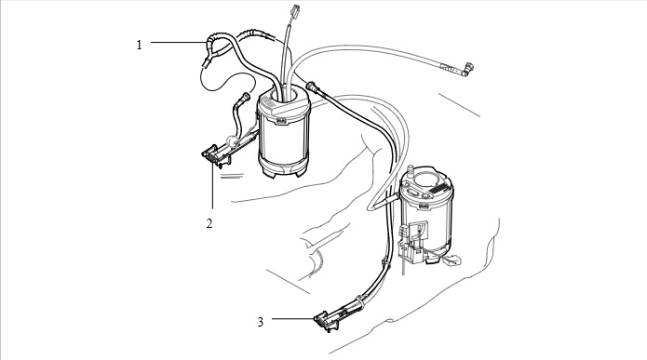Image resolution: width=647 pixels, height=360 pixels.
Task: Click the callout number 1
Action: [x=139, y=45]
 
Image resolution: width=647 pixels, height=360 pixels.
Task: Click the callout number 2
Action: [x=209, y=223]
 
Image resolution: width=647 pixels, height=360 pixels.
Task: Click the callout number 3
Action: [x=261, y=322]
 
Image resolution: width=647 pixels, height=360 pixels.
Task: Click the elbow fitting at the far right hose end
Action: [x=469, y=69]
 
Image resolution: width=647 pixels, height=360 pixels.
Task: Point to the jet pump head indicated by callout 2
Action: [x=214, y=155]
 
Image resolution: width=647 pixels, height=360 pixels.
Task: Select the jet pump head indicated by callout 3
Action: [x=327, y=322]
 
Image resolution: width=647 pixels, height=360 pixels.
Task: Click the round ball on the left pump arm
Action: [x=233, y=141]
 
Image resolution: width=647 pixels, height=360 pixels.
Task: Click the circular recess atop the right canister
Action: [x=427, y=179]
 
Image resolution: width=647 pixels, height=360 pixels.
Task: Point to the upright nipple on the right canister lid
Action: [x=411, y=171]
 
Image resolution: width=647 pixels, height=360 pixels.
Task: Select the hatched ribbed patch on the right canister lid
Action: [x=439, y=188]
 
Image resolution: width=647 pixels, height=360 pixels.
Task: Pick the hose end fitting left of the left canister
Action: [x=245, y=98]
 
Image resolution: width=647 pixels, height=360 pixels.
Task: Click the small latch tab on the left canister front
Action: [x=281, y=120]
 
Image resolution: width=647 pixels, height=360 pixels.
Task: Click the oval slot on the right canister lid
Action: [x=413, y=193]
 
